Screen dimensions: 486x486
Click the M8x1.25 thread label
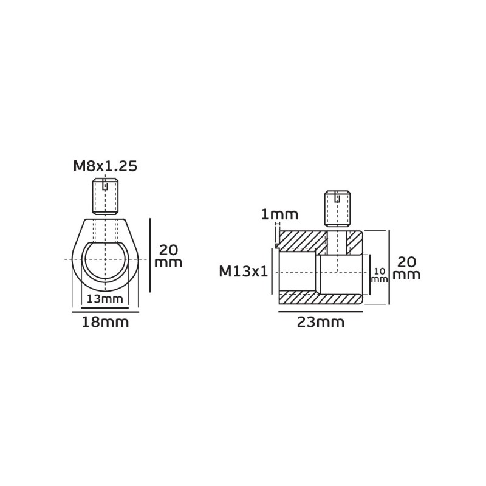coord(105,166)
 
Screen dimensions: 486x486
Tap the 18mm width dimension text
coord(105,323)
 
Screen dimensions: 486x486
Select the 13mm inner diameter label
coord(104,299)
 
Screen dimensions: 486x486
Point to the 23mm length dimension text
coord(321,323)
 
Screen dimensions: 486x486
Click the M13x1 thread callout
coord(244,272)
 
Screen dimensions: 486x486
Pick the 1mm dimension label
coord(279,214)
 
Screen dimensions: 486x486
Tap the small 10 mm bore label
coord(379,275)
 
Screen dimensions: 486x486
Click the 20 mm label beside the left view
coord(168,256)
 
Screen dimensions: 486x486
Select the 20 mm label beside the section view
coord(406,269)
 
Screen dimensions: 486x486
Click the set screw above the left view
coord(105,196)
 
